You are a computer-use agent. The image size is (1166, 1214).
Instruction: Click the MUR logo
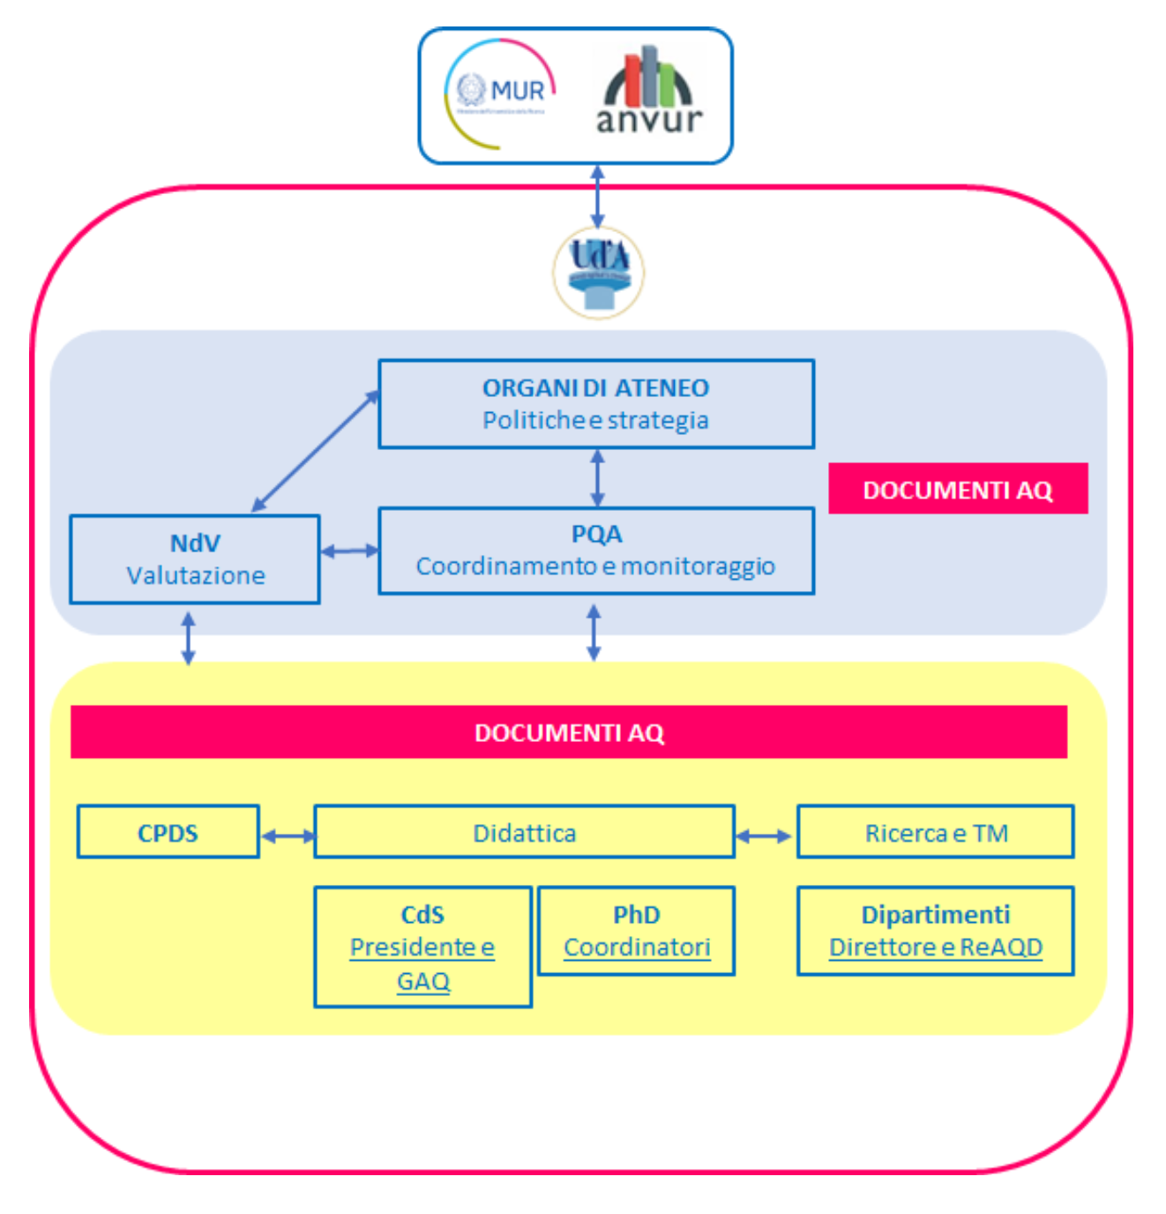[500, 94]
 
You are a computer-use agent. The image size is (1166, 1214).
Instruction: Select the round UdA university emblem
[598, 272]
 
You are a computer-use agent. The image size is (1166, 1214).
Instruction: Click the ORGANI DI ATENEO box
[595, 404]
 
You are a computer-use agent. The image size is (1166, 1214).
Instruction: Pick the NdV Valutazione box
[195, 559]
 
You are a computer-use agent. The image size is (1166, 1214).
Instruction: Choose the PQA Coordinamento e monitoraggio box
[595, 551]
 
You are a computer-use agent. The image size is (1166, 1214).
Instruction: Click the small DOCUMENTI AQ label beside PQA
[958, 489]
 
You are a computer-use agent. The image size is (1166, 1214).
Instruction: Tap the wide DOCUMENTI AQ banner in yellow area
[569, 732]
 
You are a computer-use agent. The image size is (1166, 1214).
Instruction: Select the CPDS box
[168, 832]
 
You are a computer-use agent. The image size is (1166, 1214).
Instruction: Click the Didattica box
[524, 832]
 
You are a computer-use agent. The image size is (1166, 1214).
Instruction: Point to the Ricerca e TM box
[936, 832]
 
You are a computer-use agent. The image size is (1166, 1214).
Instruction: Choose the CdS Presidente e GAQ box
[422, 947]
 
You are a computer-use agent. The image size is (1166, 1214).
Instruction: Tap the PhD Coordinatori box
[636, 931]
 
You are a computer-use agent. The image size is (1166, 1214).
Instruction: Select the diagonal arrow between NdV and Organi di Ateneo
[315, 452]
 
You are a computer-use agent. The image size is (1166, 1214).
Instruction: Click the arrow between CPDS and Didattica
[288, 836]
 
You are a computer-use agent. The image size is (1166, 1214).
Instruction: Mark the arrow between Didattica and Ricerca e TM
[765, 836]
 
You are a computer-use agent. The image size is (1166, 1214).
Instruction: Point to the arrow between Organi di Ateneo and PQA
[597, 477]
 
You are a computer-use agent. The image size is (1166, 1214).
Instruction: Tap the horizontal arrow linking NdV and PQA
[349, 551]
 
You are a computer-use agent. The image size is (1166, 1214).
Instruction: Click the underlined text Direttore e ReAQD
[936, 948]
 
